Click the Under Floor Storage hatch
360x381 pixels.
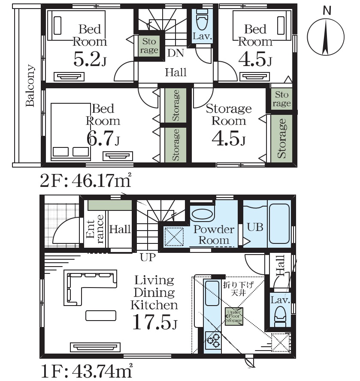point(234,316)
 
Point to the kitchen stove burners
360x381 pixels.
point(212,340)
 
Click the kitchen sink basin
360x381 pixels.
point(212,293)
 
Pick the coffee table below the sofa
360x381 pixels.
point(101,315)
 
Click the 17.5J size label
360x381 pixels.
point(155,322)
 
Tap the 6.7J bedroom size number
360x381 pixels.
point(103,138)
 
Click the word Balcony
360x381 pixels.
point(30,86)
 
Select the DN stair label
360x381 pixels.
point(175,53)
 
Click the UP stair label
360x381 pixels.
point(148,257)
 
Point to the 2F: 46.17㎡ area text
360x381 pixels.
point(85,180)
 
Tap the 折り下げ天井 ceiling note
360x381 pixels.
point(239,288)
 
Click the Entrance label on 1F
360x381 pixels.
point(95,229)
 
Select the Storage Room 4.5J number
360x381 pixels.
point(229,138)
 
